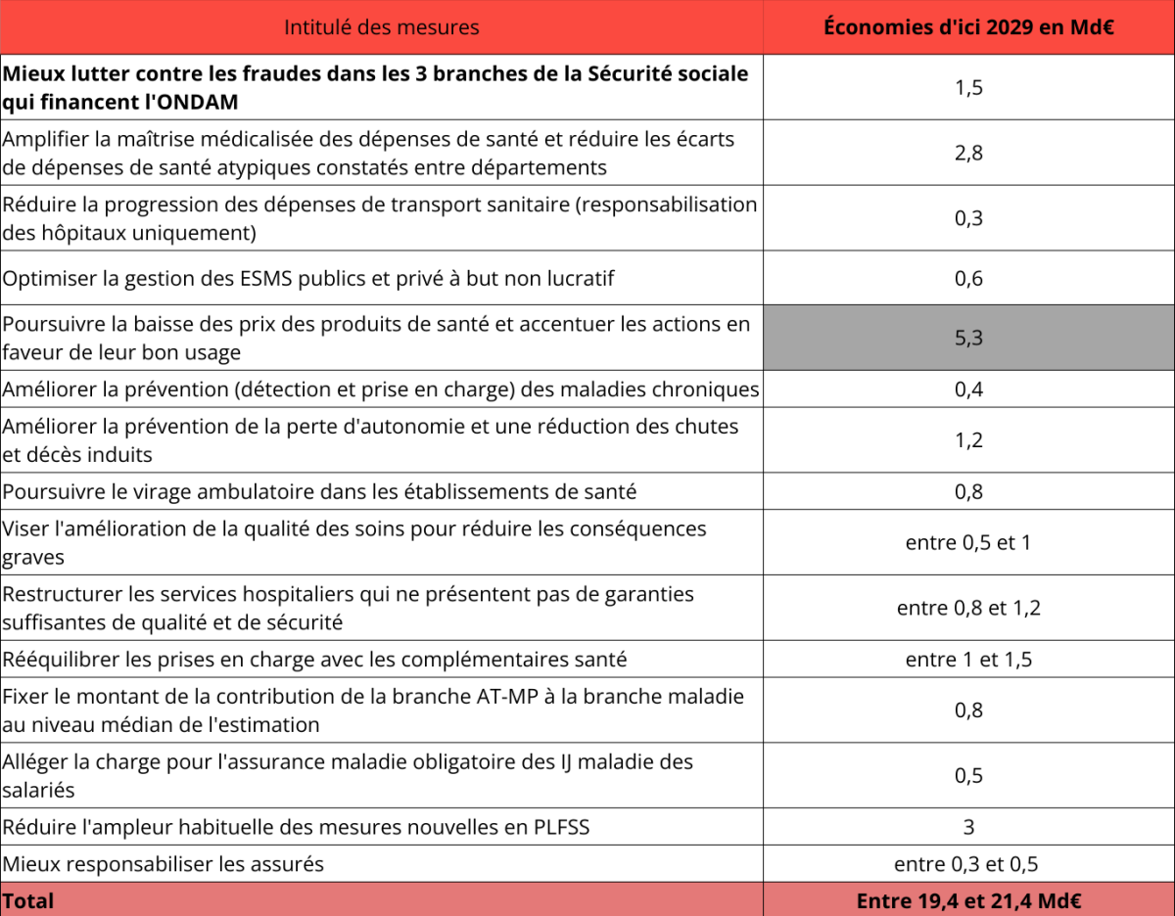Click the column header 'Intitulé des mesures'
point(381,27)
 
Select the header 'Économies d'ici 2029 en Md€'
point(968,27)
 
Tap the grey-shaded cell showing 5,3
point(968,338)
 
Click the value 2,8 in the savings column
point(968,153)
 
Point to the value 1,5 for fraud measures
point(968,87)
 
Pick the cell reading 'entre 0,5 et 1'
point(968,542)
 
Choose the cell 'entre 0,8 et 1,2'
point(968,608)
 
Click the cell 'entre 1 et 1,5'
point(968,660)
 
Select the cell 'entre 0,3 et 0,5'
point(968,864)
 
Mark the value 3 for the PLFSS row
point(968,827)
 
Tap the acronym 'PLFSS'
point(557,828)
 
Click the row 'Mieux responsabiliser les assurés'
point(164,864)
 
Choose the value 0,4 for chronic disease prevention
point(968,389)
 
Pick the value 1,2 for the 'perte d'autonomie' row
point(968,440)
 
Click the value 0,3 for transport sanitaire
point(968,218)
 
